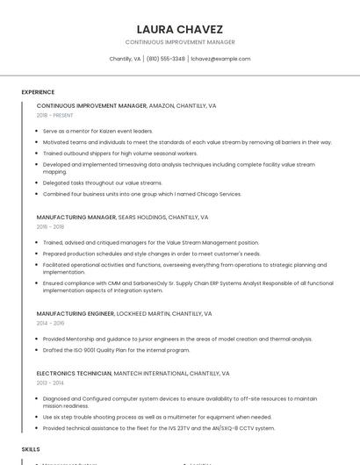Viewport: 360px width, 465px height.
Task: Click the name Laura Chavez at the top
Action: [x=180, y=29]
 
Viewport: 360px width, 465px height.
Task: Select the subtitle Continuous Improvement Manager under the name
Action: [x=180, y=42]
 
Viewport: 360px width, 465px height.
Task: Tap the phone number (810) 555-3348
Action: [x=166, y=59]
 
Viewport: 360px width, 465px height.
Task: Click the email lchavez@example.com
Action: [x=220, y=59]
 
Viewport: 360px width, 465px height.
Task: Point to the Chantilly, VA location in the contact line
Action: [x=125, y=59]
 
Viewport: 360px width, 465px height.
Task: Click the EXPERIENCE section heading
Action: [x=38, y=92]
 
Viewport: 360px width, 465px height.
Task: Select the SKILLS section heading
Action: [x=31, y=448]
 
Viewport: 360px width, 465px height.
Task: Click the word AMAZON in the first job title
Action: [x=162, y=105]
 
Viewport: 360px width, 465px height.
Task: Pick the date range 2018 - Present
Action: [x=54, y=115]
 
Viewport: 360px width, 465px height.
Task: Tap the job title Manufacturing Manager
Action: [x=76, y=217]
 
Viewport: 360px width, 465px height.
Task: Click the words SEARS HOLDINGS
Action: [x=141, y=217]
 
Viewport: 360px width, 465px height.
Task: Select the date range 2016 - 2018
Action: [x=50, y=226]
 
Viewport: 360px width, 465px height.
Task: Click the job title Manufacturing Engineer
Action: [x=76, y=313]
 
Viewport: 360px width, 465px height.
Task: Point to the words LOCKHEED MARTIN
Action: [x=144, y=313]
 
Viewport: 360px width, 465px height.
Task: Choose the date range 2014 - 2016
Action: [x=50, y=323]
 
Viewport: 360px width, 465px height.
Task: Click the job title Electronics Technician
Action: [x=73, y=373]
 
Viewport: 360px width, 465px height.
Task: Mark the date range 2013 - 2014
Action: [x=50, y=383]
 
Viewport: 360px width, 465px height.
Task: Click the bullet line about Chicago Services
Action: [x=141, y=194]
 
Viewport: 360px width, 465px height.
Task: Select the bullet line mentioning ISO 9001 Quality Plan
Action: [x=116, y=350]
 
